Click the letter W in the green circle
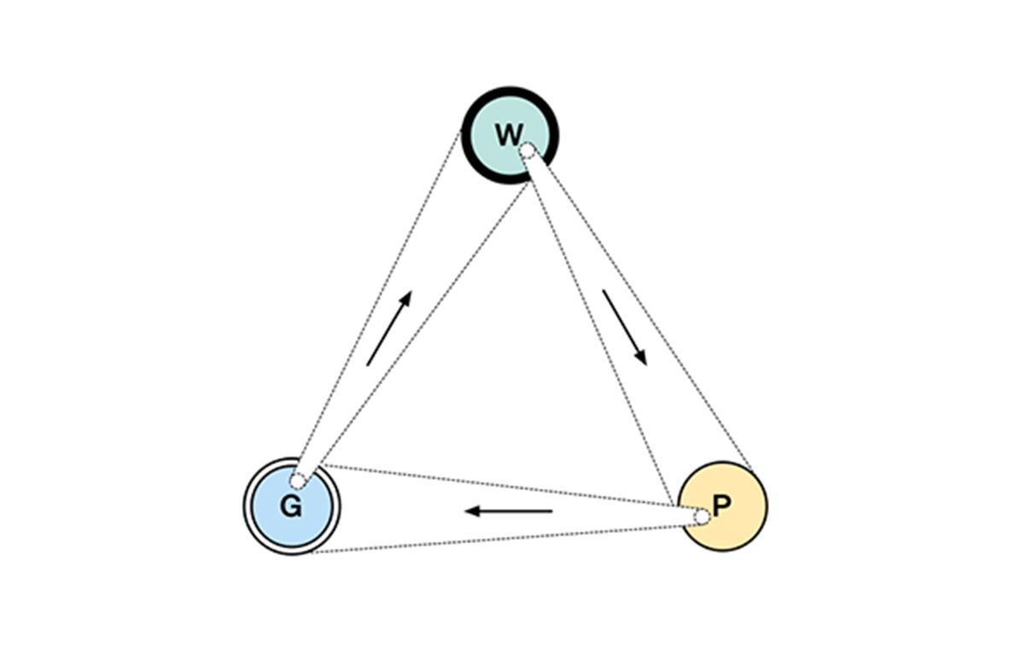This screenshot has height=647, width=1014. [x=508, y=134]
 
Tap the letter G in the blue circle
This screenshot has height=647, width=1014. [x=291, y=507]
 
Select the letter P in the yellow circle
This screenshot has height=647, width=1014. [x=721, y=506]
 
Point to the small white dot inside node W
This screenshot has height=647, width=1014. [x=527, y=151]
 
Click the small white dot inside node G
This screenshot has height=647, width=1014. [x=296, y=481]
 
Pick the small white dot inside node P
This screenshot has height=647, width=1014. [x=702, y=517]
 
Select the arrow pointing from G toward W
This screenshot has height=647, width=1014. [x=389, y=328]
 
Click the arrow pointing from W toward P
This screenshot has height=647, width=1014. [x=625, y=328]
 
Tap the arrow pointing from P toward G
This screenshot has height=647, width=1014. [x=509, y=511]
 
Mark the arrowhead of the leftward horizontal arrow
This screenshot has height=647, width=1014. [x=470, y=511]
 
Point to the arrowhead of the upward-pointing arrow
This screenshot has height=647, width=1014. [x=406, y=297]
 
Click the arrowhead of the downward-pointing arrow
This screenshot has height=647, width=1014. [x=642, y=358]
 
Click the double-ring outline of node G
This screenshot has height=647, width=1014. [x=247, y=506]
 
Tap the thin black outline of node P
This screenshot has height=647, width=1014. [x=766, y=506]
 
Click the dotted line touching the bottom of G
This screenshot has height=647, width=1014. [x=495, y=539]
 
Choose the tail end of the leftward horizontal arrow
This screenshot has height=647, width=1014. [x=550, y=511]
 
